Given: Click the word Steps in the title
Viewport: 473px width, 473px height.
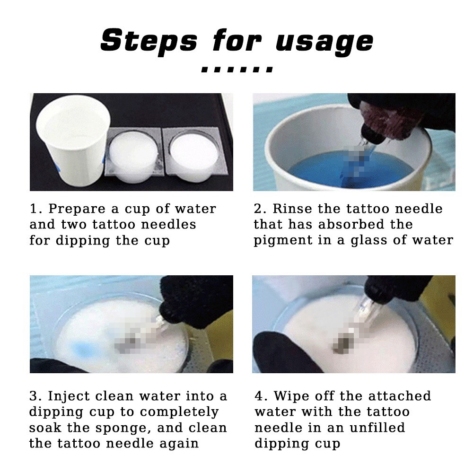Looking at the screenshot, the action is point(149,40).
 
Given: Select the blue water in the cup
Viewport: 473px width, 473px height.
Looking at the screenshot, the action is point(350,169).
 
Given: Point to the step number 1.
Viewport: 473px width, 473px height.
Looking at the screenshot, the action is point(34,209).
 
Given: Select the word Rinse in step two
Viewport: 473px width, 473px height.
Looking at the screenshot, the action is point(292,209).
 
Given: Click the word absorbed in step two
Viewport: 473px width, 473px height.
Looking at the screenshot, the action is point(351,224).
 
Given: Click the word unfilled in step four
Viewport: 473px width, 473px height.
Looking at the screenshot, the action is point(377,428).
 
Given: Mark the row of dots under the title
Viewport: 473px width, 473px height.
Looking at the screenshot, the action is point(237,70).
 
